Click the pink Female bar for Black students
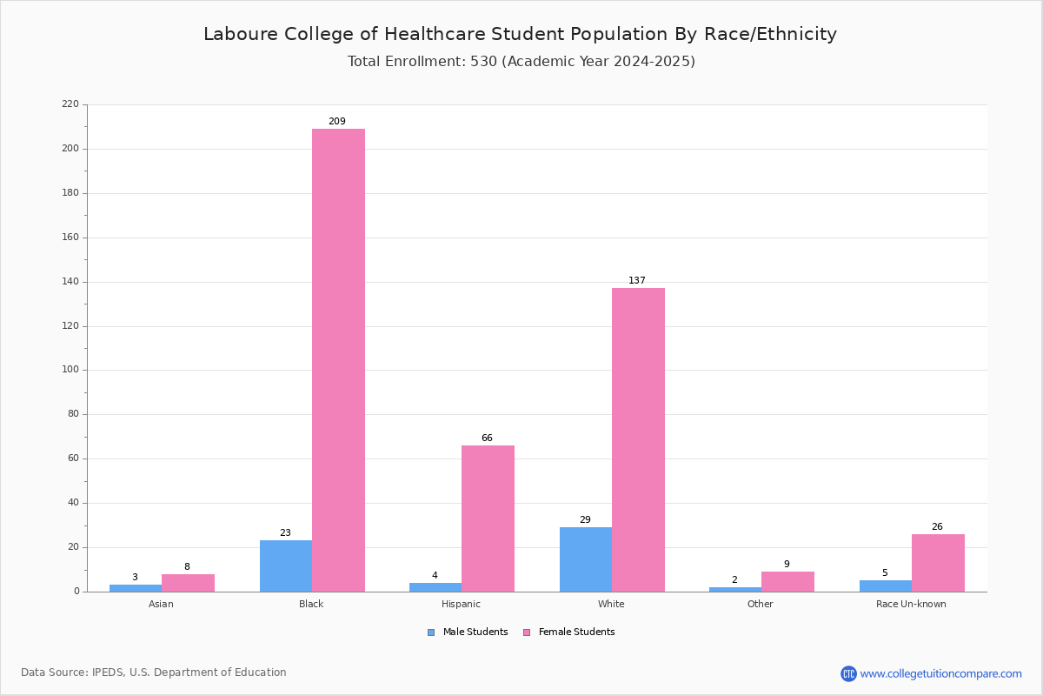(338, 360)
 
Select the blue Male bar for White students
(586, 559)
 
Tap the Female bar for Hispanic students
(488, 519)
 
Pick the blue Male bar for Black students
(286, 566)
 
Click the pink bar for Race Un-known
(938, 563)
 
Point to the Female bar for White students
(638, 440)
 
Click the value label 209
(337, 121)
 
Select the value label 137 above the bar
(637, 280)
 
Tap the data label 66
(487, 438)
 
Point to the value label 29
(585, 519)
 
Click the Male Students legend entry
(468, 632)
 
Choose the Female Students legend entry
(569, 632)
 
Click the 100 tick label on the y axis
(70, 370)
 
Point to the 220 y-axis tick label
(70, 104)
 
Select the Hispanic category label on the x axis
(461, 604)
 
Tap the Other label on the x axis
(761, 604)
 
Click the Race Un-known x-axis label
(911, 604)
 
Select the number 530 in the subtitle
(484, 62)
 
